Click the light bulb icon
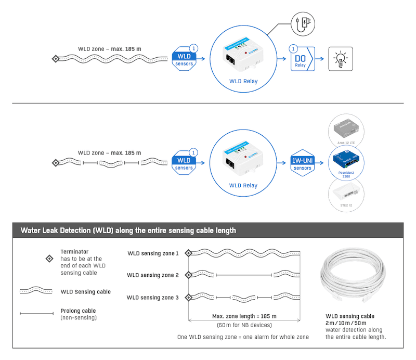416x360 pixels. pyautogui.click(x=340, y=59)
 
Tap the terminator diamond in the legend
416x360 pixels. pyautogui.click(x=49, y=258)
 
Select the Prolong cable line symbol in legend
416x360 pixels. pyautogui.click(x=36, y=314)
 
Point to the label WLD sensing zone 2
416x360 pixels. pyautogui.click(x=153, y=275)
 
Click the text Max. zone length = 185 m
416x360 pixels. pyautogui.click(x=244, y=316)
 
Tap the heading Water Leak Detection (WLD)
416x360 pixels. pyautogui.click(x=128, y=230)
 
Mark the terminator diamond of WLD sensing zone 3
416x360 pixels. pyautogui.click(x=188, y=298)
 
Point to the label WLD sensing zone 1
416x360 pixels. pyautogui.click(x=153, y=253)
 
